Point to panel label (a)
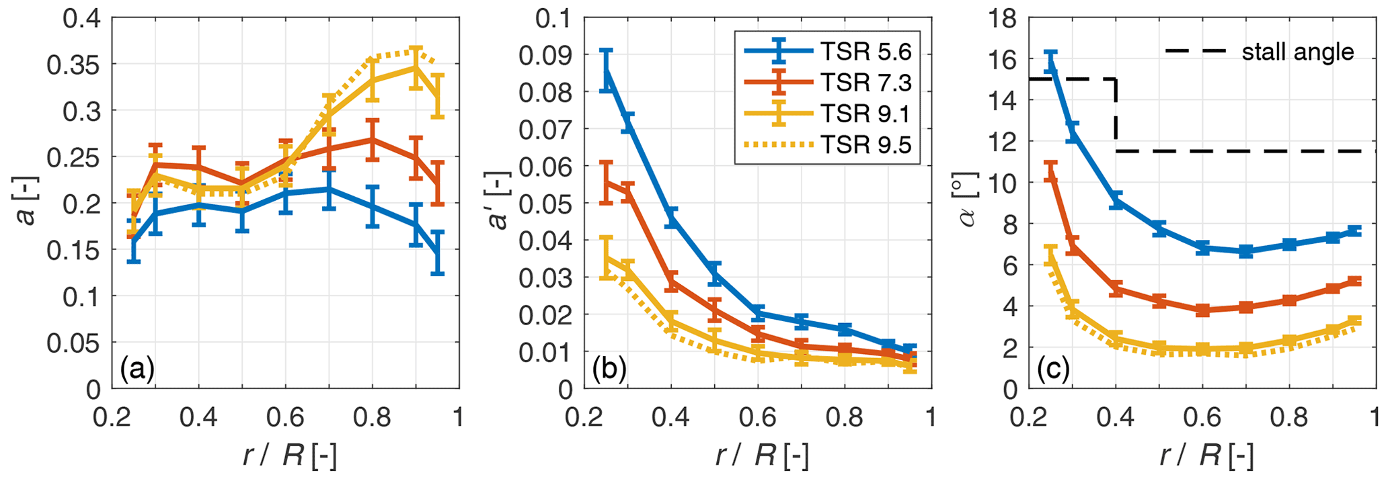[137, 369]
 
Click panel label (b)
[609, 369]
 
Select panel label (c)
[1053, 369]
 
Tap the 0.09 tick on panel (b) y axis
[543, 55]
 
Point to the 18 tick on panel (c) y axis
[999, 18]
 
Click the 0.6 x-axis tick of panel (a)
[286, 417]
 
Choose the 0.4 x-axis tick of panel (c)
[1116, 417]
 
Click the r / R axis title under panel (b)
[761, 456]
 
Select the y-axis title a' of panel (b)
[500, 204]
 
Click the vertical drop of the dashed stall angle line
[1116, 115]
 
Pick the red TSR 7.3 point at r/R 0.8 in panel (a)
[373, 140]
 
